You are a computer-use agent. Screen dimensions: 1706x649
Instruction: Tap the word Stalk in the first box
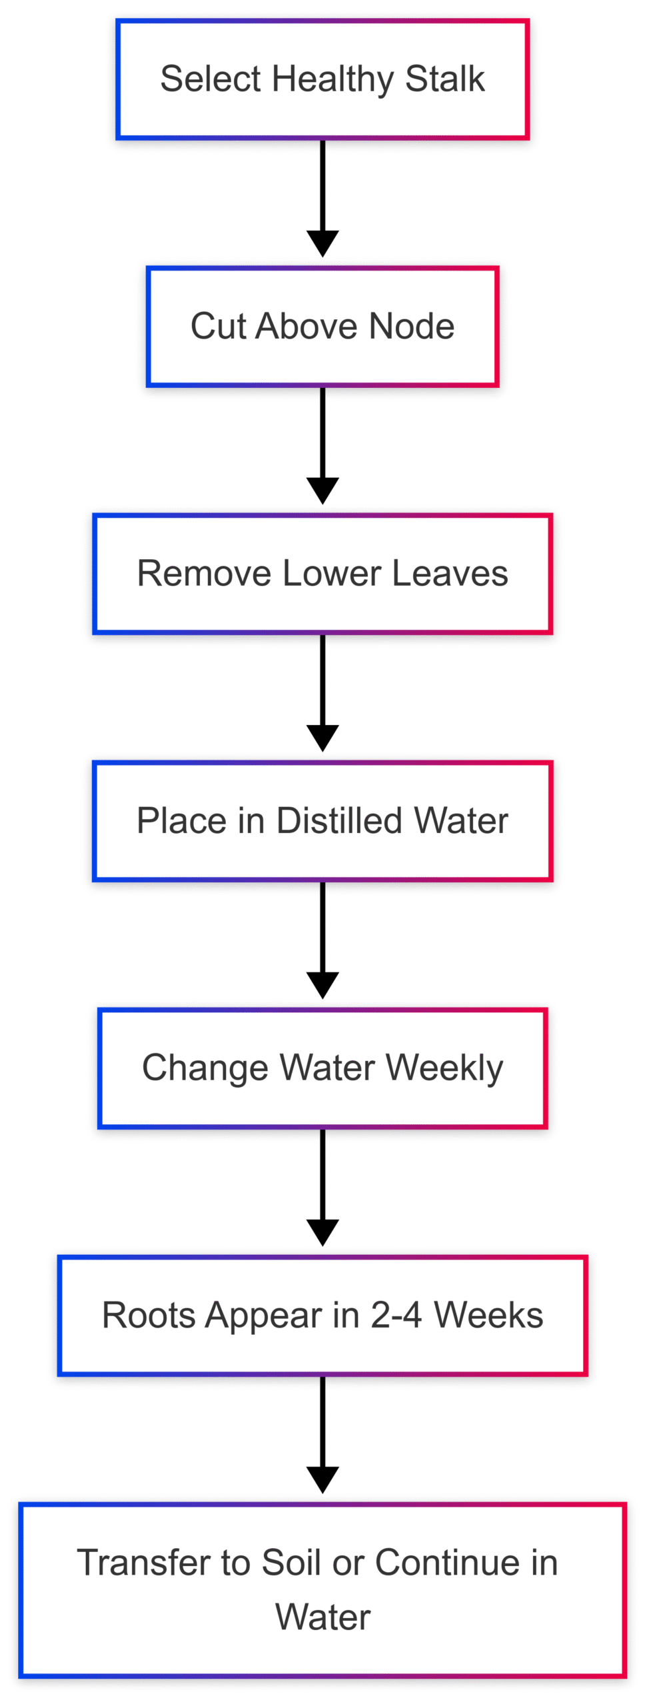(x=444, y=79)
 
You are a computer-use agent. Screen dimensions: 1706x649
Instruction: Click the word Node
(x=411, y=327)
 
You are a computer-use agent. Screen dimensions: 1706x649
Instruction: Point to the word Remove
(x=203, y=574)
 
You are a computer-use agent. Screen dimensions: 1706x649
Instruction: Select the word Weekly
(x=444, y=1069)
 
